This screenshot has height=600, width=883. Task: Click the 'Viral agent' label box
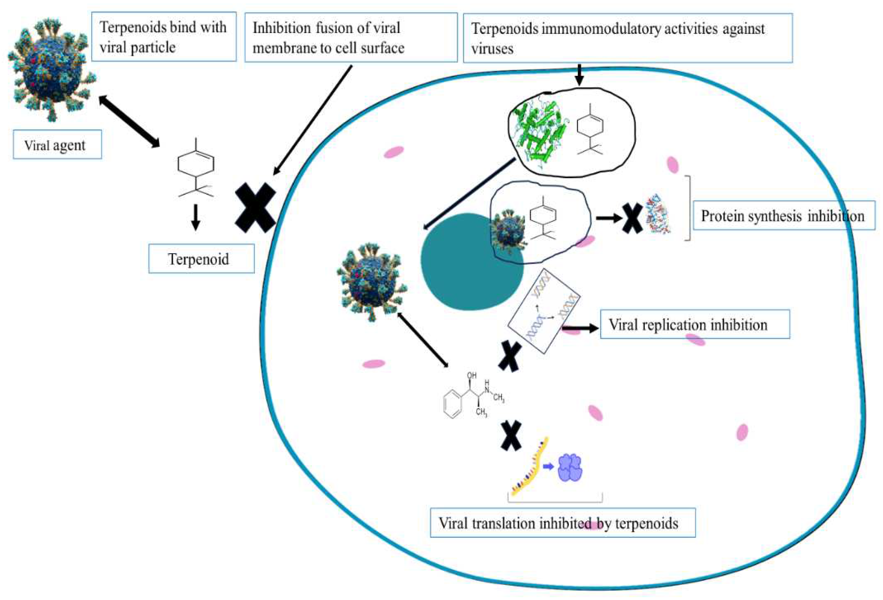(57, 145)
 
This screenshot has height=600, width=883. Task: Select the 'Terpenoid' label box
(201, 259)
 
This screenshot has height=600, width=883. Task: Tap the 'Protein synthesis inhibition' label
(783, 216)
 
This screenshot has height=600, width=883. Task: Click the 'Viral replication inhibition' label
(694, 324)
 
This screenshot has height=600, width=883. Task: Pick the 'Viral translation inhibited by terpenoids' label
(562, 523)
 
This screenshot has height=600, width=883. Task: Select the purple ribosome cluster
(570, 467)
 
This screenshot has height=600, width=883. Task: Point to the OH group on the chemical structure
(471, 375)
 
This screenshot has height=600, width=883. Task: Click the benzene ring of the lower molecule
(453, 405)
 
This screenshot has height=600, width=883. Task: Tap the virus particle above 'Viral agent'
(51, 70)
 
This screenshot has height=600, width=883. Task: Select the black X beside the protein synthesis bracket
(632, 218)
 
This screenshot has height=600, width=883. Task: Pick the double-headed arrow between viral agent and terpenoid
(129, 121)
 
